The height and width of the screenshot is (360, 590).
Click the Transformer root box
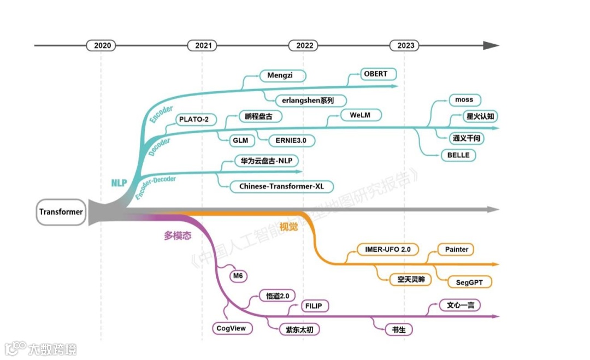coord(61,212)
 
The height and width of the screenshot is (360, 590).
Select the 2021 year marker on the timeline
coord(202,45)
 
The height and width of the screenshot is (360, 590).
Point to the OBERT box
coord(375,74)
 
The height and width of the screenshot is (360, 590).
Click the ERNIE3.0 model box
coord(291,140)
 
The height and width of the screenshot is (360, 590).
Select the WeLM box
coord(361,115)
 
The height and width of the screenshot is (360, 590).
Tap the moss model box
coord(464,100)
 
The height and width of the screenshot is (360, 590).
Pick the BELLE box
coord(458,155)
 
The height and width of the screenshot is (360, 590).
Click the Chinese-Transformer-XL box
coord(281,186)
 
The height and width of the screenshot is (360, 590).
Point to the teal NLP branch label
coord(119,183)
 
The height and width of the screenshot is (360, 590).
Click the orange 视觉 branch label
coord(288,227)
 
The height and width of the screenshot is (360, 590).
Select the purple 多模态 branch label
coord(178,236)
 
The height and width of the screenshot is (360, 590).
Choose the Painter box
coord(456,249)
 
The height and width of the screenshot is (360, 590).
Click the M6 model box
coord(237,276)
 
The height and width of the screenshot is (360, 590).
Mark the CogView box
coord(232,328)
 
